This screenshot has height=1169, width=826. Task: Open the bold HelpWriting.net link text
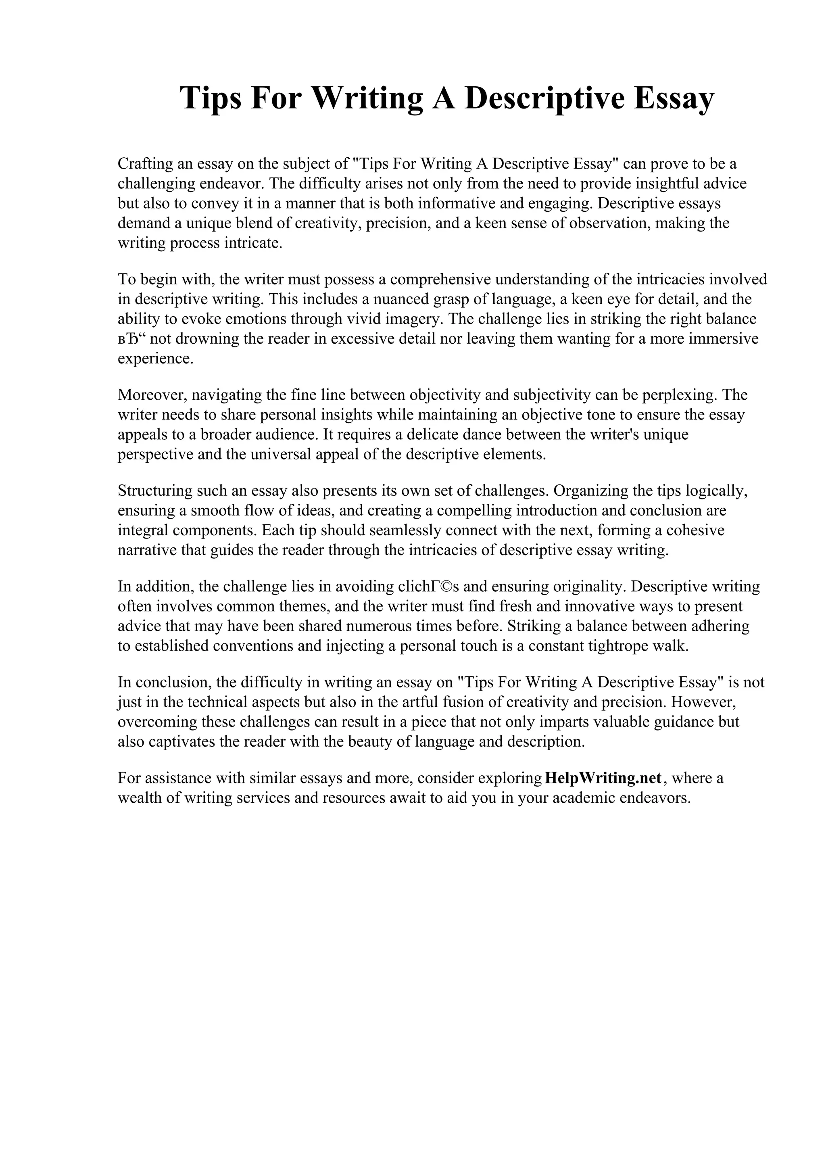click(603, 779)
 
